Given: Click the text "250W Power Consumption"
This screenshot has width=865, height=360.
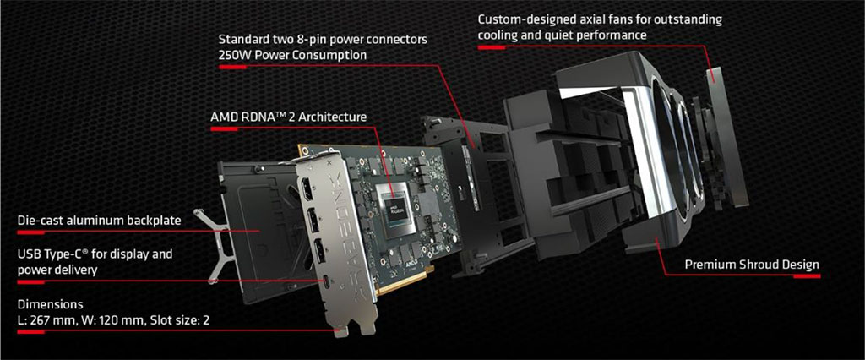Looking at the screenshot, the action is (x=292, y=55).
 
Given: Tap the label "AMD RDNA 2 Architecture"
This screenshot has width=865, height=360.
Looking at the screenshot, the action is (x=288, y=117).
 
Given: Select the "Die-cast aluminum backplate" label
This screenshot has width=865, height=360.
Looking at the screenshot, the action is (x=100, y=221).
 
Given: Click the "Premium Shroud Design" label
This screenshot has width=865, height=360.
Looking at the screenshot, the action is (x=752, y=265).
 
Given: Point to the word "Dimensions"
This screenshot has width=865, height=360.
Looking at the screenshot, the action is (x=50, y=304).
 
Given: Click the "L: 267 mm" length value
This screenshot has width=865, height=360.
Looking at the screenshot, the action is (x=46, y=320).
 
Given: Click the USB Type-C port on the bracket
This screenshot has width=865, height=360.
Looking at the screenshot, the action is (x=328, y=283).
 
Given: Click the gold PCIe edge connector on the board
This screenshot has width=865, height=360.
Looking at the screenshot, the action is (x=406, y=281).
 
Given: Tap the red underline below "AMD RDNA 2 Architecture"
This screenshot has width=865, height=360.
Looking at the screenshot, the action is (x=224, y=129).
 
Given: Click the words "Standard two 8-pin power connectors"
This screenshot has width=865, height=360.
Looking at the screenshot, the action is (x=323, y=41).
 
